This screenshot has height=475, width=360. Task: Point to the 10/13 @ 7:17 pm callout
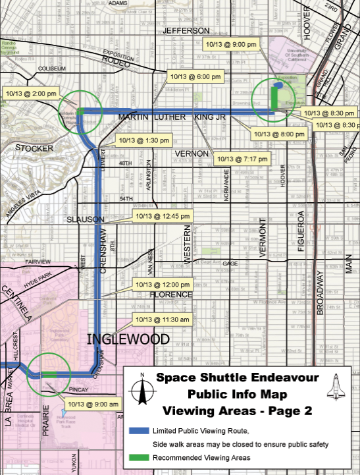coord(243,159)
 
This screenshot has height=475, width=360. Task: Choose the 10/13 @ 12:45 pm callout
coord(163,215)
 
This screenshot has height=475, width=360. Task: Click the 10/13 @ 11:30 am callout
coord(162,320)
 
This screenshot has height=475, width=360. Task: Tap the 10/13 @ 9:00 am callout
coord(93,403)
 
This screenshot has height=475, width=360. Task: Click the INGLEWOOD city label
coord(128,339)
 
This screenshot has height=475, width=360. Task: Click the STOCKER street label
coord(34,148)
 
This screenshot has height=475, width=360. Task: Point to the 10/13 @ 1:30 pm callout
coord(143,140)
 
